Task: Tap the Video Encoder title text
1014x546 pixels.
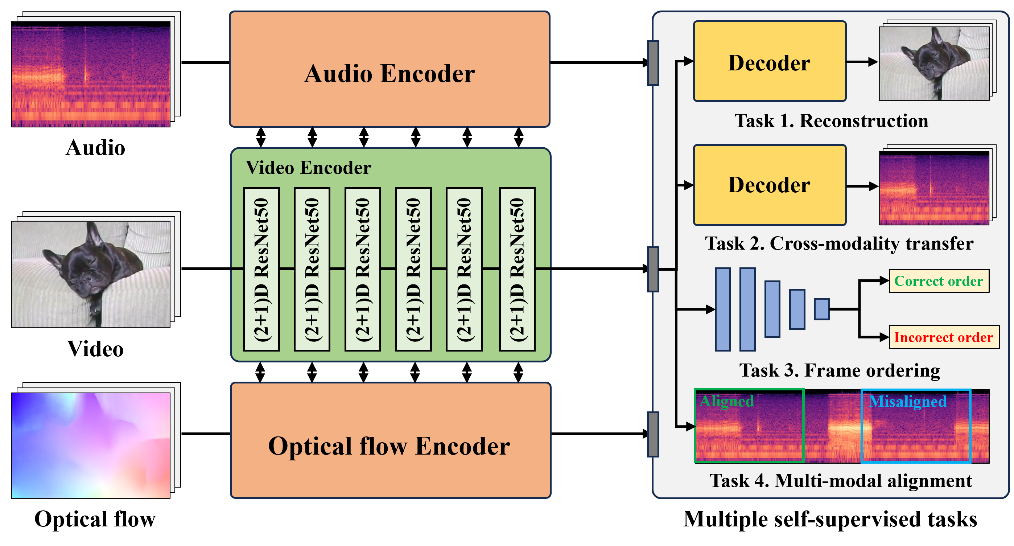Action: pyautogui.click(x=308, y=168)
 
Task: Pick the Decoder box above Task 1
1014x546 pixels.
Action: pyautogui.click(x=770, y=62)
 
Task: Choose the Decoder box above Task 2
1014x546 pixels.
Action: pyautogui.click(x=770, y=185)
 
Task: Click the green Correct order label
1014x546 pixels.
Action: pyautogui.click(x=939, y=281)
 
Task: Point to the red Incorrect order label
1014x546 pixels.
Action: pyautogui.click(x=944, y=337)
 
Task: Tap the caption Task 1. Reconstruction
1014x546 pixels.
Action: pyautogui.click(x=831, y=120)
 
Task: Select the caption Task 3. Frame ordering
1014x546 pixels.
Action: pyautogui.click(x=840, y=370)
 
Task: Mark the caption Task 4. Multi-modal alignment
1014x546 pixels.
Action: pyautogui.click(x=841, y=481)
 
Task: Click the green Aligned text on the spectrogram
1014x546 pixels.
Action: pyautogui.click(x=727, y=401)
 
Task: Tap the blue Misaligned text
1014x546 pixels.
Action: pyautogui.click(x=908, y=402)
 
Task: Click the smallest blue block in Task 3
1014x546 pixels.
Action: pyautogui.click(x=821, y=309)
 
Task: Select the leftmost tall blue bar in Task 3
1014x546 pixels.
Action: pyautogui.click(x=723, y=309)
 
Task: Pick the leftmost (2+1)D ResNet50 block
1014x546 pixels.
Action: pyautogui.click(x=261, y=270)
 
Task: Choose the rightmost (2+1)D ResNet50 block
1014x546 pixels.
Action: pyautogui.click(x=517, y=270)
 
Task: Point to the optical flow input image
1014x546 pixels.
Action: pyautogui.click(x=91, y=445)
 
